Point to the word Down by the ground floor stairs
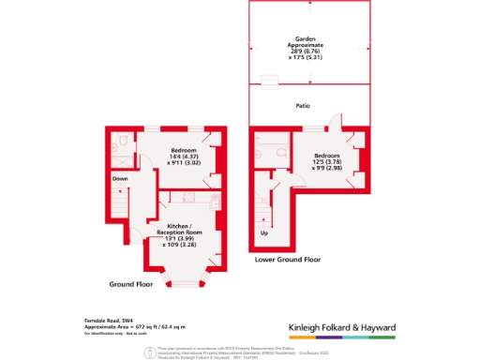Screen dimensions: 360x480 click(120, 178)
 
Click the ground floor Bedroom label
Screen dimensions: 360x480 click(184, 151)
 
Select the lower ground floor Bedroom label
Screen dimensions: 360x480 click(327, 155)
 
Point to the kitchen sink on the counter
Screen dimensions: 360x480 click(215, 203)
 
